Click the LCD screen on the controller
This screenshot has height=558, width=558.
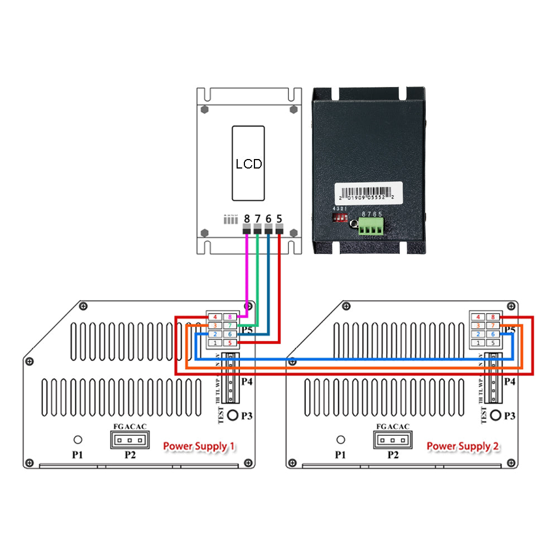click(x=248, y=163)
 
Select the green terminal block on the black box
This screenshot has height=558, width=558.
click(x=371, y=227)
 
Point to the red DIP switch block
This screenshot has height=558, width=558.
click(x=340, y=219)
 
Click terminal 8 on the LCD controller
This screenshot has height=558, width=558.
click(x=247, y=229)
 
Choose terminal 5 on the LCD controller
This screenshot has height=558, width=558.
click(x=279, y=229)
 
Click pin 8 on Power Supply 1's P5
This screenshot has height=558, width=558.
click(x=230, y=317)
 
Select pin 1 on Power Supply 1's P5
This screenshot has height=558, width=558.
click(x=215, y=342)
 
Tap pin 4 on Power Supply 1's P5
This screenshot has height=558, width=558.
click(x=215, y=317)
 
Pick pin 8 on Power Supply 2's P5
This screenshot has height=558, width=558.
click(x=493, y=317)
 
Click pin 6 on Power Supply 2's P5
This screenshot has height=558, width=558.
click(x=493, y=334)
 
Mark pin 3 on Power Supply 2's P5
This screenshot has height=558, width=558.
click(x=478, y=325)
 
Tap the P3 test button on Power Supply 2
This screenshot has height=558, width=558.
click(x=496, y=416)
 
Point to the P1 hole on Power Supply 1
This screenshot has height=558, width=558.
click(x=79, y=440)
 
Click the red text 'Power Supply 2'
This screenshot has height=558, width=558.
click(x=463, y=446)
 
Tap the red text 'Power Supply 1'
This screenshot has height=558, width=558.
click(x=199, y=446)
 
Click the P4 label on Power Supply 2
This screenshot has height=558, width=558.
click(x=509, y=382)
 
